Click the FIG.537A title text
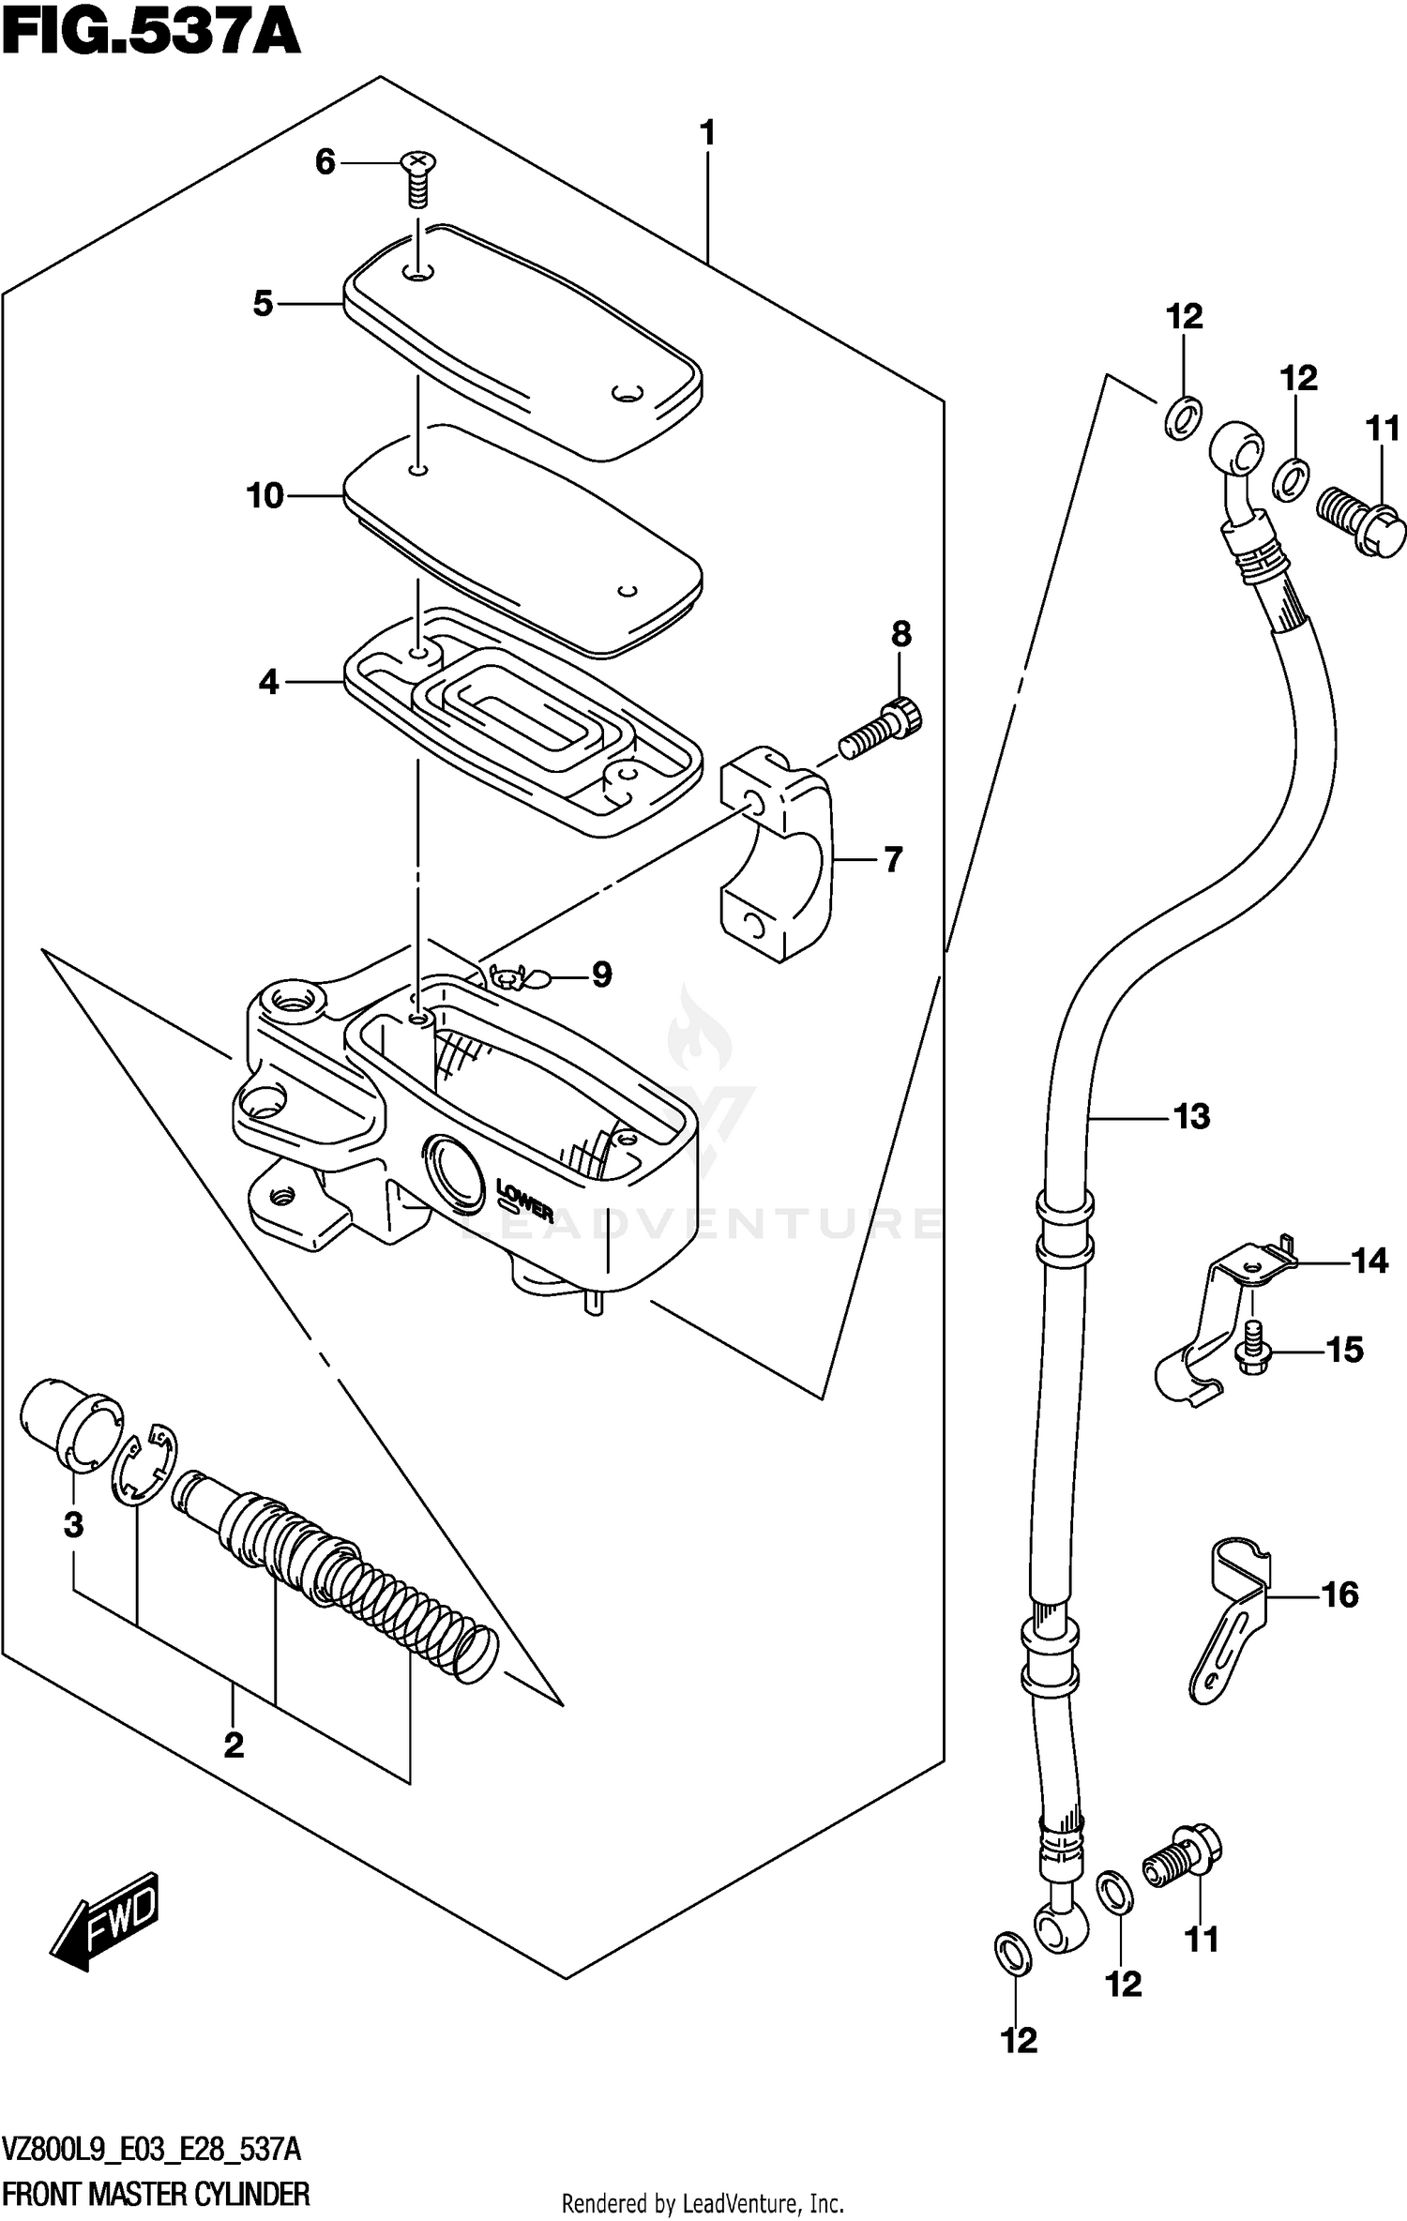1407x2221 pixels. (x=150, y=33)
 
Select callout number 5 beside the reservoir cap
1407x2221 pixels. (x=264, y=304)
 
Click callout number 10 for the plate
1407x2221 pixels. (x=265, y=495)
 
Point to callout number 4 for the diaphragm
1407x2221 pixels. (x=269, y=682)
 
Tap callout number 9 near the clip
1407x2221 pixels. (x=601, y=975)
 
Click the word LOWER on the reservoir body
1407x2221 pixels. (x=524, y=1201)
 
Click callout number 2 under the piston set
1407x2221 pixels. (x=234, y=1744)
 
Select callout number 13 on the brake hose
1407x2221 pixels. (x=1192, y=1116)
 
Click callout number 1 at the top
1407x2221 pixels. (x=708, y=133)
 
